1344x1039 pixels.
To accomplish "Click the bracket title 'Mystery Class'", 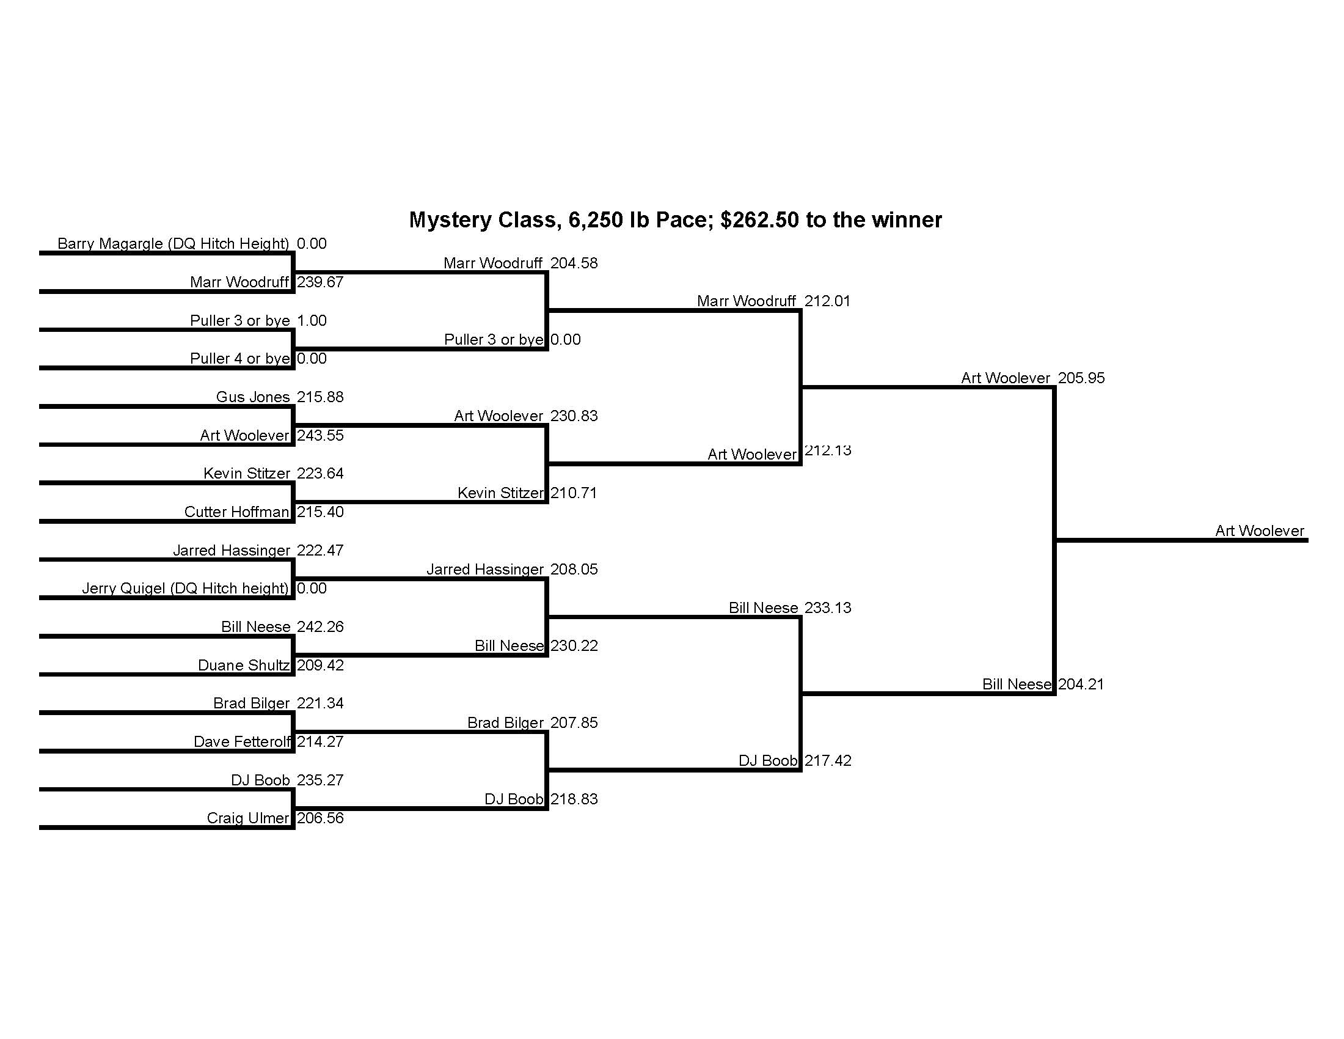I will coord(675,220).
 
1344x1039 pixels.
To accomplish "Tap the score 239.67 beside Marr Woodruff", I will coord(320,282).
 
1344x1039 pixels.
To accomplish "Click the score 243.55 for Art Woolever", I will coord(320,435).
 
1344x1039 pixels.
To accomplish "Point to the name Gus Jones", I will coord(252,397).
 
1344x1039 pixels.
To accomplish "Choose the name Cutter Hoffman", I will coord(236,512).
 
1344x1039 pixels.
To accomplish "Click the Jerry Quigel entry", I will coord(184,589).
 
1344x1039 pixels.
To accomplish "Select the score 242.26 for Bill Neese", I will coord(320,626).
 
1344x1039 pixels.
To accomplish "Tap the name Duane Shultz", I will coord(243,666).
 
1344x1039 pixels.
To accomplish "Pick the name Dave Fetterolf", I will coord(241,742).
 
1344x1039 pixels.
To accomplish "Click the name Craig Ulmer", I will coord(247,818).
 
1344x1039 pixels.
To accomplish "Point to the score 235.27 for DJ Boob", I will coord(320,780).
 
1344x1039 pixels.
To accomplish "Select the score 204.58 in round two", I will coord(574,263).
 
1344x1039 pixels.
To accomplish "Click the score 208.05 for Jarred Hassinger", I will coord(574,570).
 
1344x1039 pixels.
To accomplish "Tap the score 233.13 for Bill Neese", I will coord(828,608).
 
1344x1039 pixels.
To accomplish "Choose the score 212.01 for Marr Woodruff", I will coord(827,301).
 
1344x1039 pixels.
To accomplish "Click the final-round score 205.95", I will coord(1081,378).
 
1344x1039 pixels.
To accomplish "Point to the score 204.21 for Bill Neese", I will coord(1081,684).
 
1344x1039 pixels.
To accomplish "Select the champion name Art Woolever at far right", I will coord(1259,531).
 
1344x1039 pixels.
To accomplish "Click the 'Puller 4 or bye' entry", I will coord(239,359).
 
